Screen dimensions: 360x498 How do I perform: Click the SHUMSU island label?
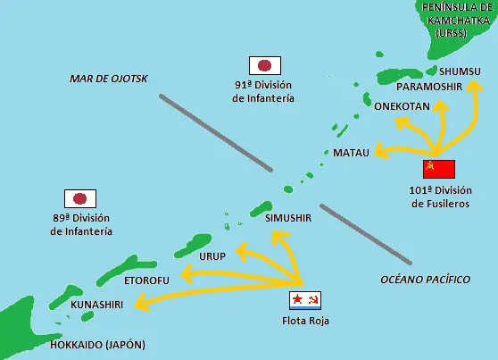coord(460,71)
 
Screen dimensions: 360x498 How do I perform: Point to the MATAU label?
coord(351,154)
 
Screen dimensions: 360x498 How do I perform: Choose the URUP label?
coord(212,255)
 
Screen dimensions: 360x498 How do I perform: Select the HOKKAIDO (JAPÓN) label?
coord(96,345)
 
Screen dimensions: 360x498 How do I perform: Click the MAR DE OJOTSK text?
coord(108,80)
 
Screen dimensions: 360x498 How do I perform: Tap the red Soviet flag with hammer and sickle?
coord(439,170)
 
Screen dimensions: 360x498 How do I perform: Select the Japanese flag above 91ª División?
coord(265,65)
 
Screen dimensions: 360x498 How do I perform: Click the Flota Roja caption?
coord(305,322)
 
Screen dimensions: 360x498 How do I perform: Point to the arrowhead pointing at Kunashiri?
coord(140,306)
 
